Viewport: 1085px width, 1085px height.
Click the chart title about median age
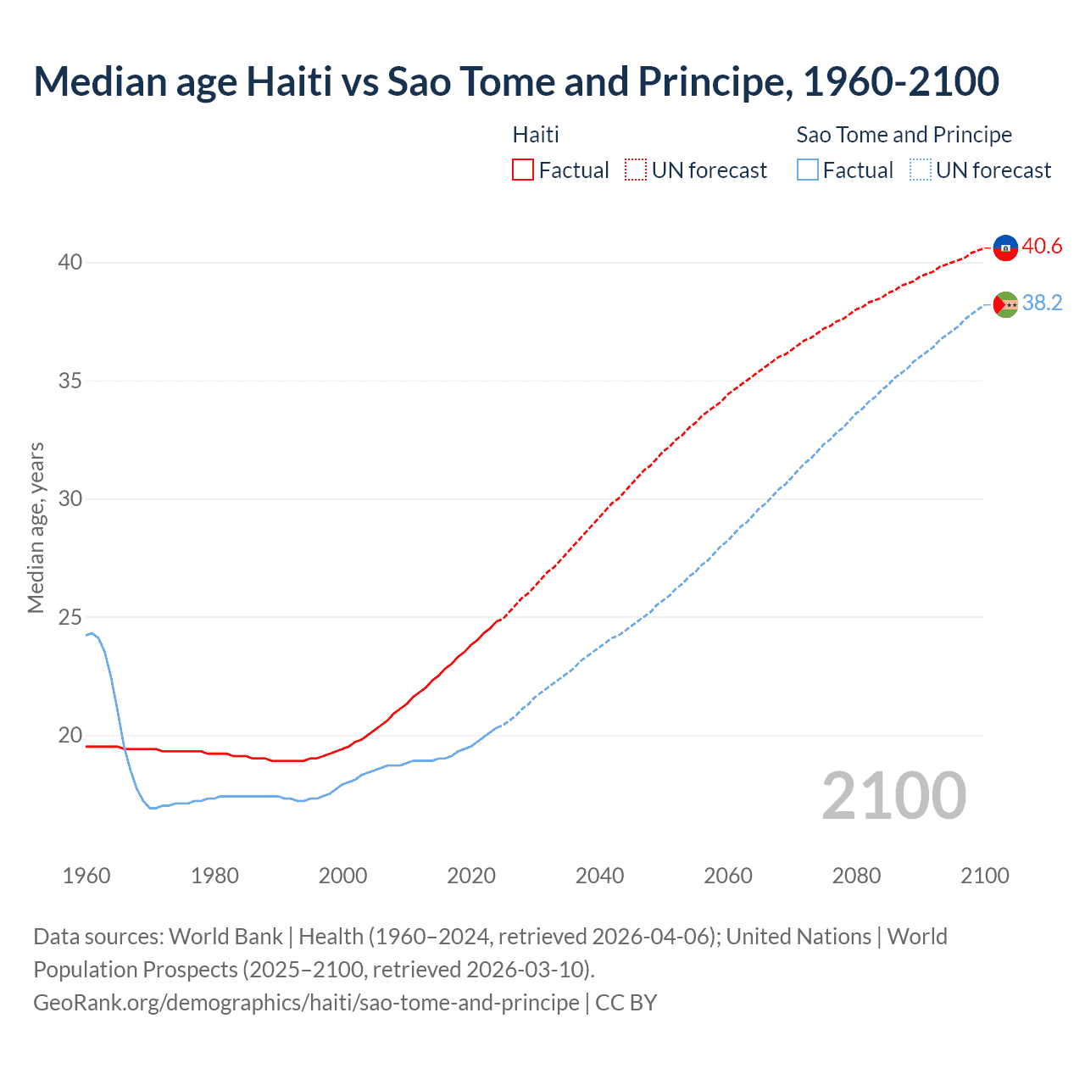(516, 81)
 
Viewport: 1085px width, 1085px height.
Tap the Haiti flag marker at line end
(1005, 248)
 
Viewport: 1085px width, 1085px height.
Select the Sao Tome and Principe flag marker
(1005, 304)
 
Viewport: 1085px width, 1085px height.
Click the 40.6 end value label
(1042, 247)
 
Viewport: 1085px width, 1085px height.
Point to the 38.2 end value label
(1042, 303)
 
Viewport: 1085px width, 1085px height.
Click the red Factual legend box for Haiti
(523, 170)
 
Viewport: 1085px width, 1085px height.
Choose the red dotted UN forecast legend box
(636, 170)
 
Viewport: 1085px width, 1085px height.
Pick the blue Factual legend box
(808, 170)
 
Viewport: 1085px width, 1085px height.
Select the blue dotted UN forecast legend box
(921, 170)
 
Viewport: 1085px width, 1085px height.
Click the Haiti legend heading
(536, 135)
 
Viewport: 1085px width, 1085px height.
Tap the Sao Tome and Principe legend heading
(904, 135)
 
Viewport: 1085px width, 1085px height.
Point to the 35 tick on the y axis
(70, 381)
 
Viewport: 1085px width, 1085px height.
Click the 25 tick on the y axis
(70, 617)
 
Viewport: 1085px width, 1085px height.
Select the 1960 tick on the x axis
(86, 876)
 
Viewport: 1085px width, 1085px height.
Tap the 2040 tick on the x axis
(599, 876)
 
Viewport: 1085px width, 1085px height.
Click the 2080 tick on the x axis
(856, 876)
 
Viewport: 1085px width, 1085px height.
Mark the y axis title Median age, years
(36, 527)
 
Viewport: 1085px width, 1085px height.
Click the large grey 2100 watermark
(893, 796)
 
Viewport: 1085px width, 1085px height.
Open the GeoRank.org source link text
(306, 1003)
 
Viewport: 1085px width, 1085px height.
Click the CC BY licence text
(626, 1003)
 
